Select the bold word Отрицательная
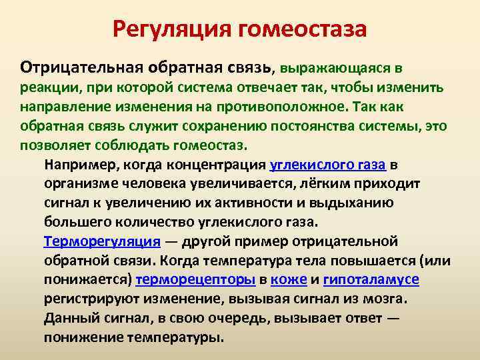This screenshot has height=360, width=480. coord(71,67)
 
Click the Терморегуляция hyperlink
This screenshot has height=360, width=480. coord(102,241)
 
